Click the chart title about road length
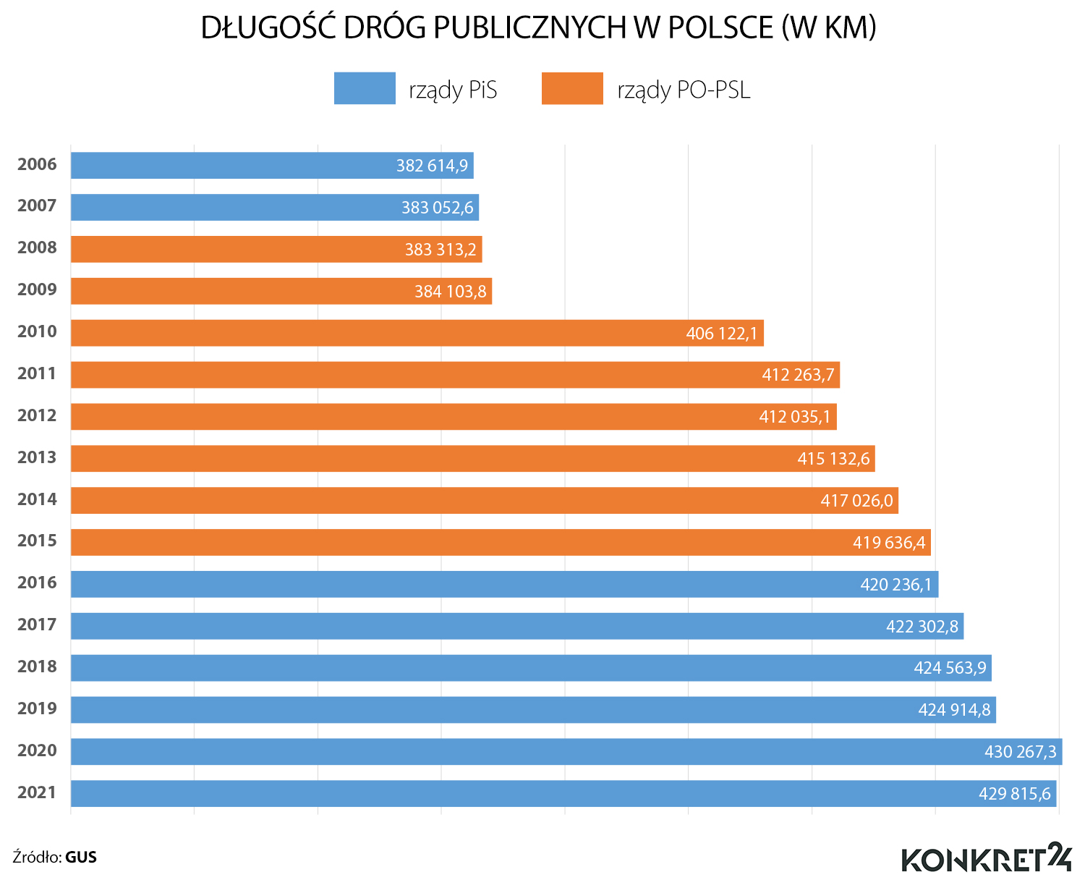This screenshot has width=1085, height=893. (538, 27)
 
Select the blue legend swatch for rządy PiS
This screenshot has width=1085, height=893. (365, 88)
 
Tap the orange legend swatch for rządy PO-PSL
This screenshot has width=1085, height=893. (572, 88)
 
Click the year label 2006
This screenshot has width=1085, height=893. (37, 164)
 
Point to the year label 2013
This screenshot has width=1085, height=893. (37, 457)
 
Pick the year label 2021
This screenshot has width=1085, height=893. (37, 792)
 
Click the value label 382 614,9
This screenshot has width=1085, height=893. (432, 166)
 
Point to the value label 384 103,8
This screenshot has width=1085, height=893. (450, 292)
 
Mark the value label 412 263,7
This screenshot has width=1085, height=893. (798, 375)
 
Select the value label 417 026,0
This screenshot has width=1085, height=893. (856, 501)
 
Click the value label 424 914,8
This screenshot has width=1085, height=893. (954, 710)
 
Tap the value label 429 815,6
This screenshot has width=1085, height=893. (1014, 794)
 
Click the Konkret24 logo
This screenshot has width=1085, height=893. (987, 858)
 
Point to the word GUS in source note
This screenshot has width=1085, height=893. (81, 858)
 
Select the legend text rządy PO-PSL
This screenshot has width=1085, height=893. (684, 90)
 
